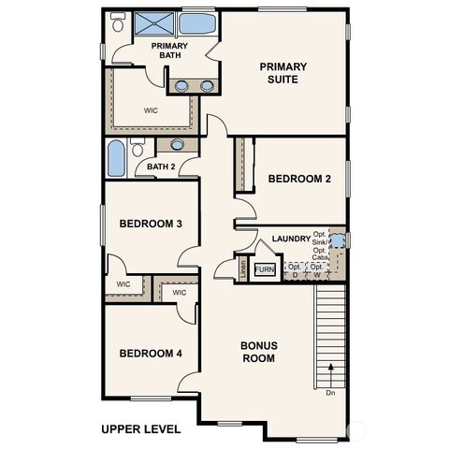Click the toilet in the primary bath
[x=117, y=24]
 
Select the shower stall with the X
[x=152, y=24]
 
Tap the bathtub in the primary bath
[x=196, y=23]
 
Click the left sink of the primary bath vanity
[x=182, y=86]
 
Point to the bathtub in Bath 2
[x=116, y=158]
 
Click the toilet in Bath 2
[x=138, y=148]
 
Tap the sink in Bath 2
[x=177, y=145]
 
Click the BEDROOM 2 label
[x=299, y=179]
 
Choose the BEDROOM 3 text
[x=151, y=224]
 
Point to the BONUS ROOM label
[x=258, y=352]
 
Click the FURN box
[x=265, y=269]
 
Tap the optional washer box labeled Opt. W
[x=317, y=270]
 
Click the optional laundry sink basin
[x=339, y=240]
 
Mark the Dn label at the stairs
[x=330, y=393]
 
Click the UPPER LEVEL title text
[x=140, y=429]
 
